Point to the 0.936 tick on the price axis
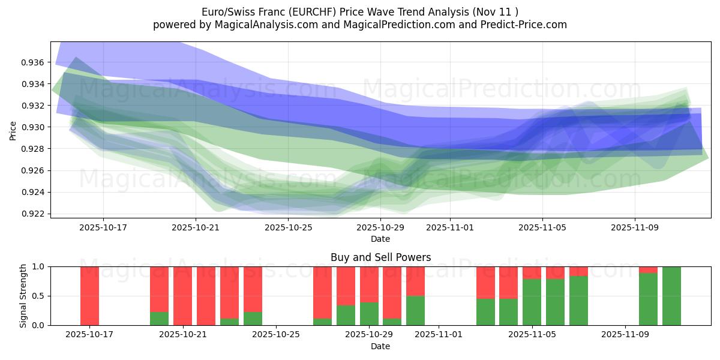[x=32, y=62]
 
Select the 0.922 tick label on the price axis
[x=32, y=214]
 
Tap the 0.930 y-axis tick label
[x=32, y=127]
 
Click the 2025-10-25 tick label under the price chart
[x=288, y=228]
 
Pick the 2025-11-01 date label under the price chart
[x=450, y=228]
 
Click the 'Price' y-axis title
[x=13, y=130]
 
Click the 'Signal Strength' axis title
[x=23, y=296]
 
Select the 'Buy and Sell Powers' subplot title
[x=380, y=257]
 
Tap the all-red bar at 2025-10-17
[x=89, y=295]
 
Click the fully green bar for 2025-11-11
[x=671, y=295]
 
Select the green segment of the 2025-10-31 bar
[x=415, y=310]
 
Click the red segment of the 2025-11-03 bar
[x=485, y=282]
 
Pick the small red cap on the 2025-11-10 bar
[x=648, y=269]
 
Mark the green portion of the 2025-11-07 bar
[x=578, y=300]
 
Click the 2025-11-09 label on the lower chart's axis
[x=625, y=335]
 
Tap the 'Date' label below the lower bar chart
[x=380, y=346]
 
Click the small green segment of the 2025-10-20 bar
[x=159, y=319]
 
